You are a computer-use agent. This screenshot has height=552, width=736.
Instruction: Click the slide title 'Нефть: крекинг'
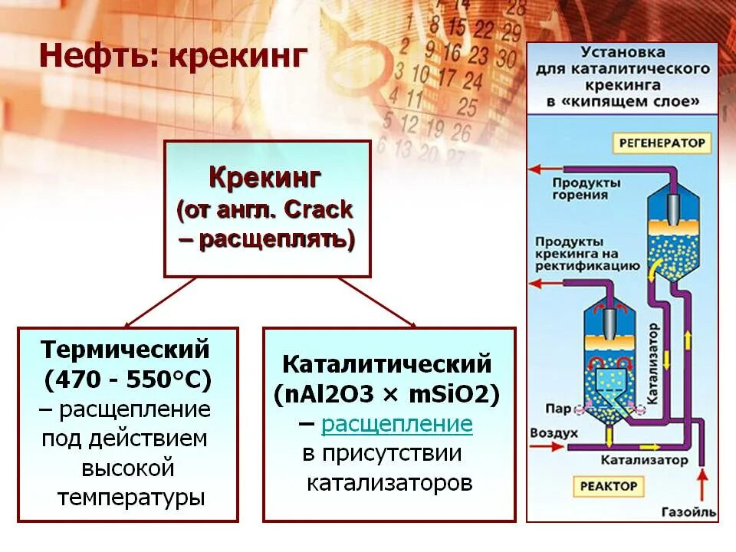(x=173, y=57)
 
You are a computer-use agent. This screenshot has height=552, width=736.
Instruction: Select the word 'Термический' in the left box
(x=125, y=350)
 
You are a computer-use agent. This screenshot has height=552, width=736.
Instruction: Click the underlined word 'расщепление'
(x=397, y=424)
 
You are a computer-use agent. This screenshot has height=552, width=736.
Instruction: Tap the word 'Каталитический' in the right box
(x=387, y=363)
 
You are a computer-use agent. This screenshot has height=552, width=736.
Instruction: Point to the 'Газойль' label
(x=688, y=511)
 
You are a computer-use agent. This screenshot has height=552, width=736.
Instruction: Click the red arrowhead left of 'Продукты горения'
(x=536, y=169)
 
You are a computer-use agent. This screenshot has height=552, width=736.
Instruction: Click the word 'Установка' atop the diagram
(x=622, y=54)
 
